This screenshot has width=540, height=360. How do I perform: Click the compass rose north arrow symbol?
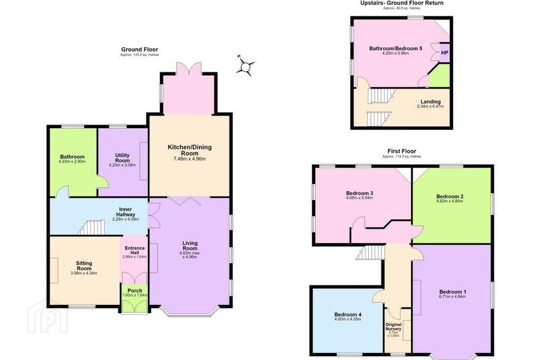pos(245,66)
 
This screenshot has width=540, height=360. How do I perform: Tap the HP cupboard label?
pos(444,52)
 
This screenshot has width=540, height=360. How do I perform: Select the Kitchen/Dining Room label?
pos(190,150)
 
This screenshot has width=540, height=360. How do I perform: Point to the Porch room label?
pos(135,291)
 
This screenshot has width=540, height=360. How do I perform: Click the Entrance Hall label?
pos(135,250)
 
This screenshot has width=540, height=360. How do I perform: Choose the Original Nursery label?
pos(393,327)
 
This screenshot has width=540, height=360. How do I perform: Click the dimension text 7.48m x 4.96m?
pos(189,159)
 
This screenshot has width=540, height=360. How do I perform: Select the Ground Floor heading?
pos(139,49)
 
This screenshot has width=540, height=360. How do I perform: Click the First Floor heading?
pos(402,151)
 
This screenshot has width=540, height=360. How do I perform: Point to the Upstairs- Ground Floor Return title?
pos(402,3)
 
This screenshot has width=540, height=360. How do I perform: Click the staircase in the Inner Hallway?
pos(92,227)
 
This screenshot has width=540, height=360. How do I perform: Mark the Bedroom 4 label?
pos(348,314)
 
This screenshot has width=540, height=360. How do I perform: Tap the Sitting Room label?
pos(84,265)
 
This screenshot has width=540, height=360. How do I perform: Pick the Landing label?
pos(430,102)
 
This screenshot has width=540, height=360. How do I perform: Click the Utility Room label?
pos(123,158)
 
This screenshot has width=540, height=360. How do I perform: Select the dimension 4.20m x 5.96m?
pos(396,53)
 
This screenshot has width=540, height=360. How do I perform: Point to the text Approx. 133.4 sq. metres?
pos(139,55)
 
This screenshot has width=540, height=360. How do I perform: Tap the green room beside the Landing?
pos(439,75)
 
